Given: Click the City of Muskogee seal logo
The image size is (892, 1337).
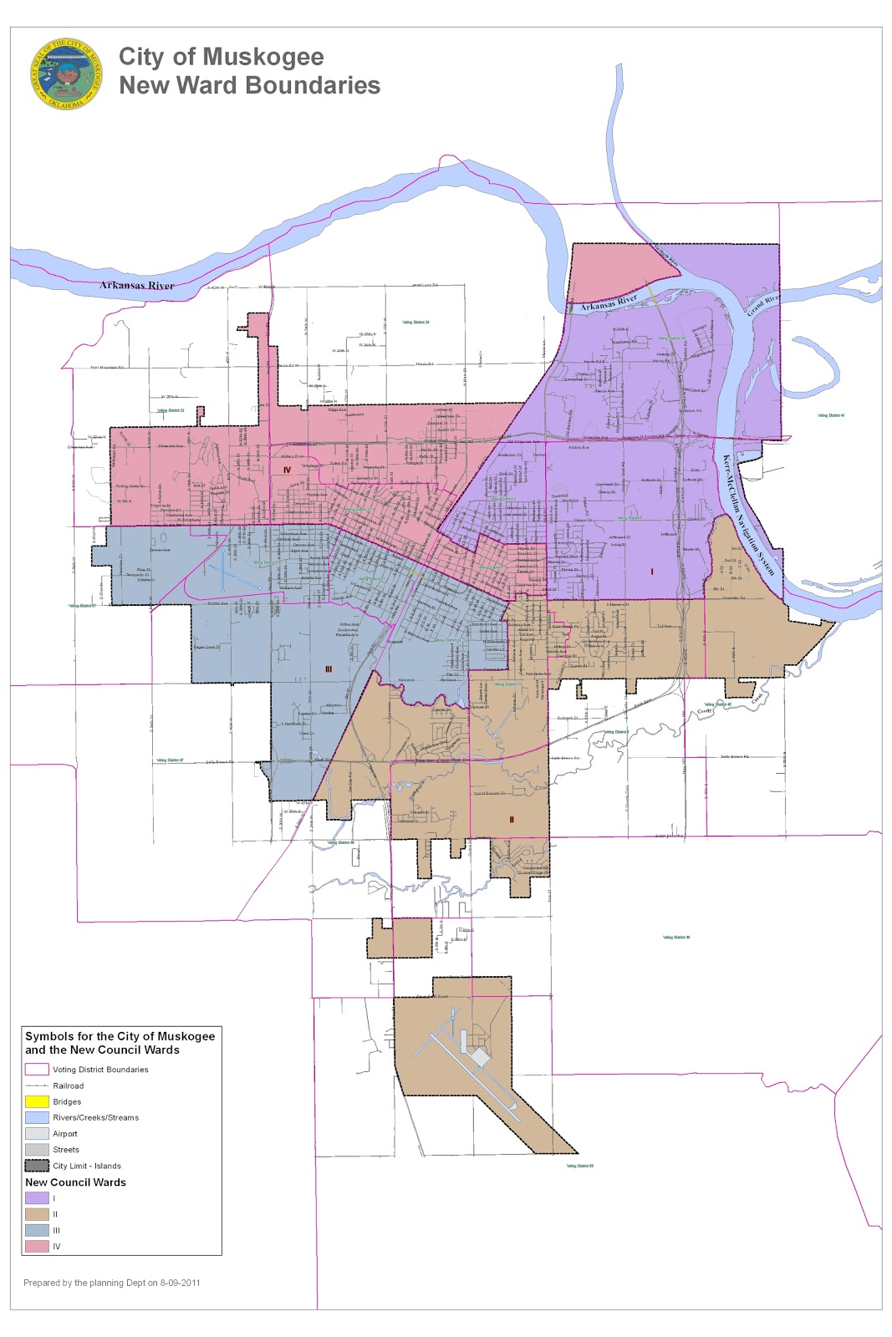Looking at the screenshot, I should pos(66,74).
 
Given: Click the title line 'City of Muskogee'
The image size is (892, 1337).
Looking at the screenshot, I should pos(221,57).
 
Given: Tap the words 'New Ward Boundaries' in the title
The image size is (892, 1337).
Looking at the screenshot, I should pos(249,85).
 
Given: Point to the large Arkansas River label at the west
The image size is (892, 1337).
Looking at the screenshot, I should pos(137,286).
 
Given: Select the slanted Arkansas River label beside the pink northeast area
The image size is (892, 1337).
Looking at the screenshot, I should pos(609,302).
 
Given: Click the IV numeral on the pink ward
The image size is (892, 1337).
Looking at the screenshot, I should pos(286,470).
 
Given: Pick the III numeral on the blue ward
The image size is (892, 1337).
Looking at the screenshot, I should pos(329,668).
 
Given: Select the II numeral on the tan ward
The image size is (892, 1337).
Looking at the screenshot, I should pos(512,820).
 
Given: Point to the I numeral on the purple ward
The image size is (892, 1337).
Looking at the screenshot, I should pos(651,572).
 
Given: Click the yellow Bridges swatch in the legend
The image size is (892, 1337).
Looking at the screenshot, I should pos(37,1101).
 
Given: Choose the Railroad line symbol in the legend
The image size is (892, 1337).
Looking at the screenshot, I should pos(37,1085).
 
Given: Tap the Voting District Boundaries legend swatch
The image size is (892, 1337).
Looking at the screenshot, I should pos(37,1070).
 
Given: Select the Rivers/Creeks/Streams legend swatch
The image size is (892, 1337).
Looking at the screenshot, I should pos(37,1117).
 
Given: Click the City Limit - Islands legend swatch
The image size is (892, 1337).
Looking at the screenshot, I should pos(37,1166).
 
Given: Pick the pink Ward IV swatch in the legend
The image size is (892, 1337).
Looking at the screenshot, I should pos(37,1246).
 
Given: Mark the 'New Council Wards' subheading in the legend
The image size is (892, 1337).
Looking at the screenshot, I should pos(75,1182).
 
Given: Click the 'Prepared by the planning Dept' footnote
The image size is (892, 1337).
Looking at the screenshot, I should pos(111,1283).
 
